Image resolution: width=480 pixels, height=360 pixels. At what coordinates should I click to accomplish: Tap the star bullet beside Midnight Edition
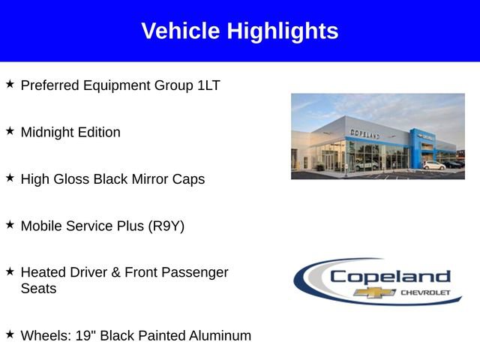coord(10,131)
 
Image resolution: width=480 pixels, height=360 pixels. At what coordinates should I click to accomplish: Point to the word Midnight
coord(47,132)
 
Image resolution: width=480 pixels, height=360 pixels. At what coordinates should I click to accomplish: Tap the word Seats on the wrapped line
coord(38,289)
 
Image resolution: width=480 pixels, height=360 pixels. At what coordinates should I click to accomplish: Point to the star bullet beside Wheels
coord(10,334)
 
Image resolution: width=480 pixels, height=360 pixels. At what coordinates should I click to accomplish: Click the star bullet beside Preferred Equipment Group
coord(10,85)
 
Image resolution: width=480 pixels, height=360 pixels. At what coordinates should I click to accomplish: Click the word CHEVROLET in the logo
coord(426,292)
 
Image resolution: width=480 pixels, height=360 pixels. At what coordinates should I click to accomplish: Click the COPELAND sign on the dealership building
coord(365,133)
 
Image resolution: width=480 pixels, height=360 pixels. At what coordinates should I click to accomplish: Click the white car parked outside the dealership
coord(433,165)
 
